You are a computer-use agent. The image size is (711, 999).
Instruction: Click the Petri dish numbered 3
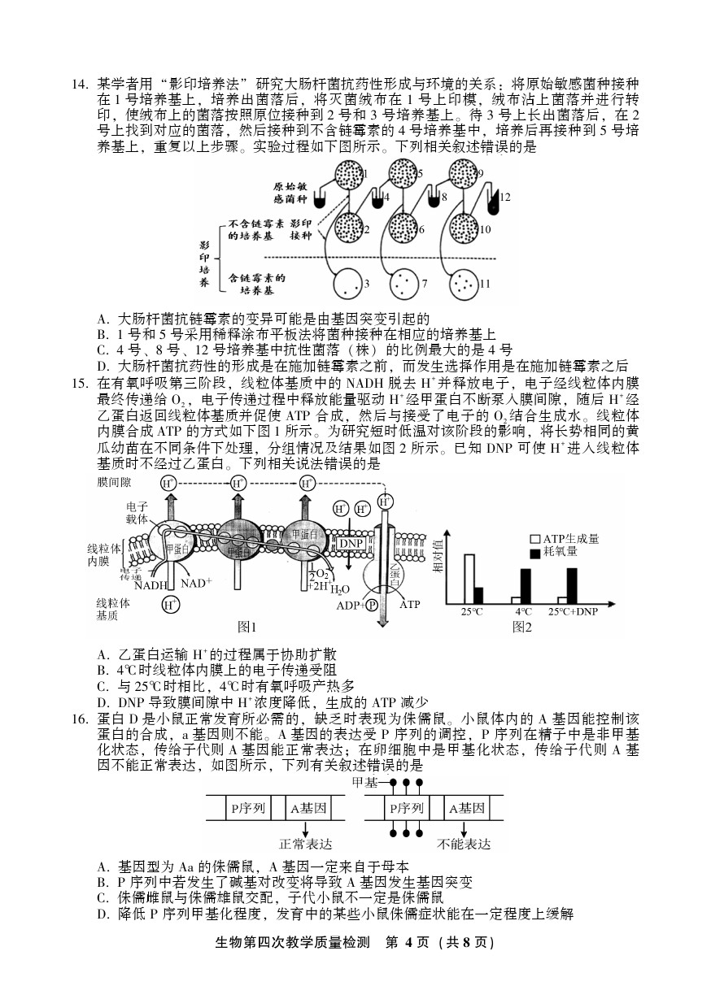(348, 284)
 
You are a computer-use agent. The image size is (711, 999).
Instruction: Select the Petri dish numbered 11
(465, 284)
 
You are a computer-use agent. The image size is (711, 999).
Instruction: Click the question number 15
(81, 383)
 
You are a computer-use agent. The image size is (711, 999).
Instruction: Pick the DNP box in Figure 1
(351, 544)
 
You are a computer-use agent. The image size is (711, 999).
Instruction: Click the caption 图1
(246, 627)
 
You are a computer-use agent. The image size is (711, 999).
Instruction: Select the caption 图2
(521, 627)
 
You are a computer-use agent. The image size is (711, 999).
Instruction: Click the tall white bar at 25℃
(469, 579)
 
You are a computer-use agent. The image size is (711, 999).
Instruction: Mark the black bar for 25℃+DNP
(572, 586)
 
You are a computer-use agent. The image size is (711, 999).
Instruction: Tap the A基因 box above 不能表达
(467, 809)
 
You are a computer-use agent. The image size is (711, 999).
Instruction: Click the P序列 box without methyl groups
(248, 809)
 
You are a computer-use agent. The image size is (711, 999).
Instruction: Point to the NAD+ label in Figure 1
(196, 584)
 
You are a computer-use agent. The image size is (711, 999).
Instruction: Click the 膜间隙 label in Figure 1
(114, 482)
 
